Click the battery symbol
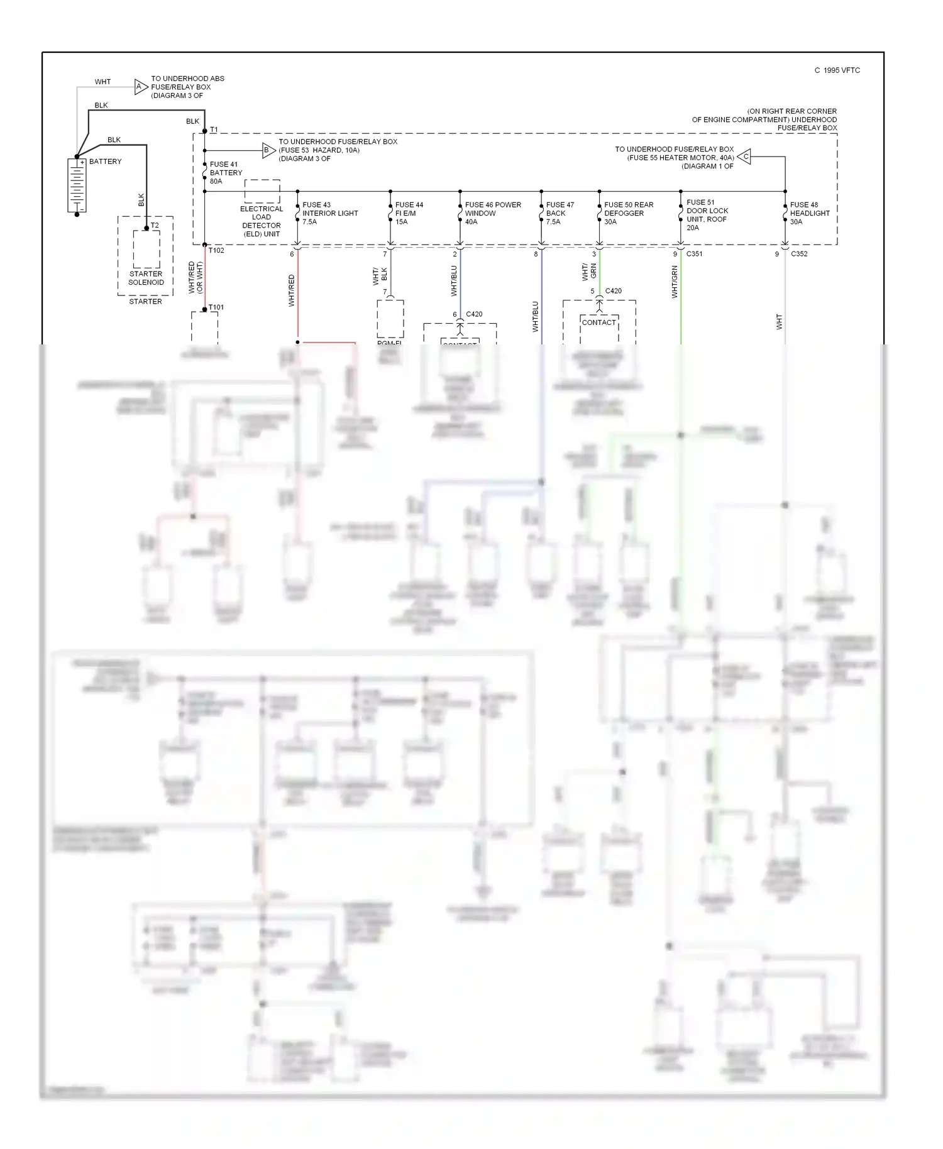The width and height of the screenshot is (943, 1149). (x=77, y=185)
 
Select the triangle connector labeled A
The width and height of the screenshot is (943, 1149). (x=140, y=87)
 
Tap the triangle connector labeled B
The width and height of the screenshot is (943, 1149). (x=267, y=150)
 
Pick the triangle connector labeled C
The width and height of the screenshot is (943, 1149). (x=744, y=157)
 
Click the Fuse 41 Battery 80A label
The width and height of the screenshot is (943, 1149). (x=226, y=173)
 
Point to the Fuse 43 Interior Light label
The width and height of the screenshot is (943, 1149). (x=329, y=213)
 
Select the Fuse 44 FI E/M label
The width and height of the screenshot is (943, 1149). (x=409, y=213)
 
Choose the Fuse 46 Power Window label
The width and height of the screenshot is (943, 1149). (x=492, y=213)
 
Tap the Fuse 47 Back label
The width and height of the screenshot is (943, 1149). (x=560, y=213)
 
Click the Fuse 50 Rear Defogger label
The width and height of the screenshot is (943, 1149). (x=628, y=213)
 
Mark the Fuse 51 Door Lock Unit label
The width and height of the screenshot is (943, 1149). (x=707, y=215)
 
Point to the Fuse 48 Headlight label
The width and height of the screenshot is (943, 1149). (x=809, y=213)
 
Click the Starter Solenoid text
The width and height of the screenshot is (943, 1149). (x=146, y=278)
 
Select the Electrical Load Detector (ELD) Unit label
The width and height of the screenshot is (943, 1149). (x=262, y=221)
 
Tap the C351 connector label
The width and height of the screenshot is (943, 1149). (x=694, y=254)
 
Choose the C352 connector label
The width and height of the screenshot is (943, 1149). (x=798, y=254)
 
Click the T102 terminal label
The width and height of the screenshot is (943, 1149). (x=216, y=250)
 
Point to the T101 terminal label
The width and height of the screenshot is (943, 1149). (x=216, y=307)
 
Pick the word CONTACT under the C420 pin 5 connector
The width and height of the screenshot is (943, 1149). (x=598, y=322)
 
